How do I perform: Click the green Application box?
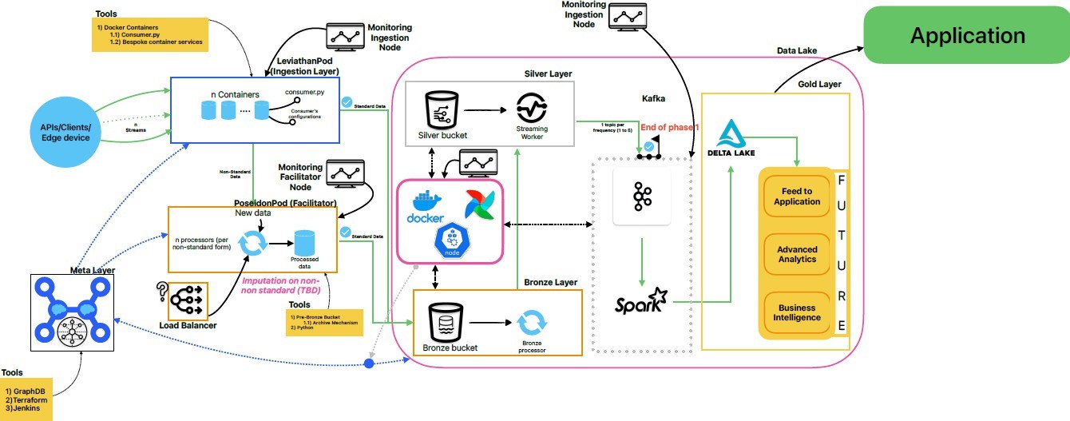(x=967, y=36)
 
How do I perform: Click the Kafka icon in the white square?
(x=641, y=197)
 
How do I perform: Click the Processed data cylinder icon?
(x=306, y=244)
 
